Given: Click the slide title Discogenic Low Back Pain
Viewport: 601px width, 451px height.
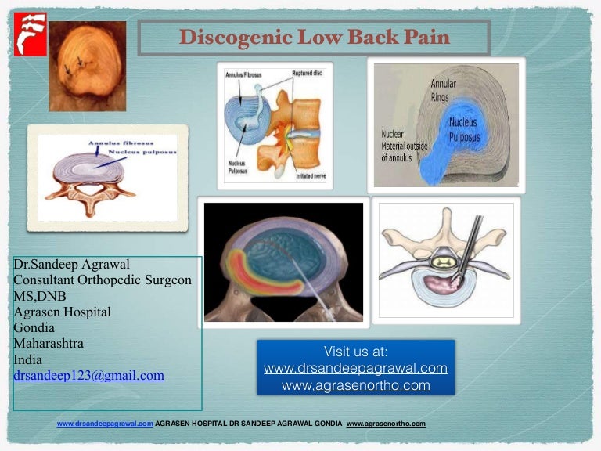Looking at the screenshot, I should (314, 37).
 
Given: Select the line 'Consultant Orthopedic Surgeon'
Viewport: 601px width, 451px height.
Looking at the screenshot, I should (103, 280).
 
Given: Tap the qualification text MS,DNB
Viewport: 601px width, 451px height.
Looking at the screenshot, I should (40, 296).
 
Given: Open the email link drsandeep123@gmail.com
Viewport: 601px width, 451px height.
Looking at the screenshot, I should (88, 375).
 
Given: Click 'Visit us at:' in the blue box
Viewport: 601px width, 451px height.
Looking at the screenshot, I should (355, 352).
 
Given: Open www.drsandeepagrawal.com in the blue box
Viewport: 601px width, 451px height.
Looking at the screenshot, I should (355, 368).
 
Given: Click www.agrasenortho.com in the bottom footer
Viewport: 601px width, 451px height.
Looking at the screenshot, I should (386, 424).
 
